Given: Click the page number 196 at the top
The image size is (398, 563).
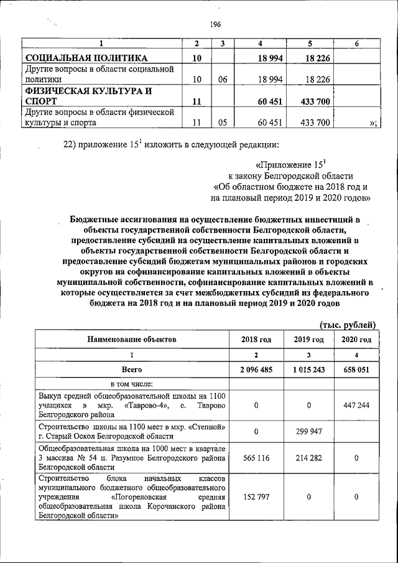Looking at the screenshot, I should pos(216,24).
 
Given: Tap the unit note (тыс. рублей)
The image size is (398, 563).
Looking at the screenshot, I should pos(348,324).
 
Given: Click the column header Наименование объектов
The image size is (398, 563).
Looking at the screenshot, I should pos(132,340).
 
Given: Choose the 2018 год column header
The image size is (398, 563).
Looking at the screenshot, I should pos(256,340).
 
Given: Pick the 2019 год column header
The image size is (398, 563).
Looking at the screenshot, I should pos(308,340).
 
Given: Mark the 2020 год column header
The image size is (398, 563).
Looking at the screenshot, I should pos(356,340).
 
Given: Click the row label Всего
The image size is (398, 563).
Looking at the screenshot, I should pos(132,369).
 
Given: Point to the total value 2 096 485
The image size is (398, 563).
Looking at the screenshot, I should pos(256,369).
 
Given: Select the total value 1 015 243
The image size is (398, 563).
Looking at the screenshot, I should pos(308,369).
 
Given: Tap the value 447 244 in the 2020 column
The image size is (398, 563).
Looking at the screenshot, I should pos(356,405).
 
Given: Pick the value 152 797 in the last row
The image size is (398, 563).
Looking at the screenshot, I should pos(256,497).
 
